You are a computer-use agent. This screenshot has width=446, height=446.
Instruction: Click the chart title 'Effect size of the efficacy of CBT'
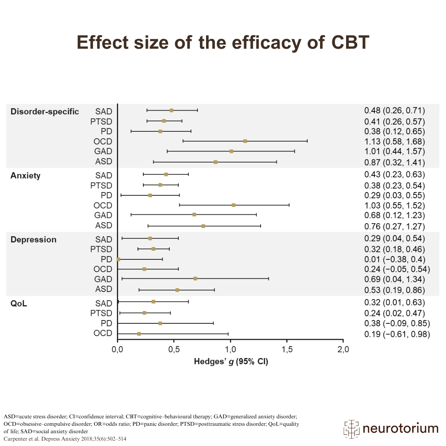(x=223, y=42)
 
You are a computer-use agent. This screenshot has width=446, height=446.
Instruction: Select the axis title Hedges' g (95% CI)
(x=231, y=362)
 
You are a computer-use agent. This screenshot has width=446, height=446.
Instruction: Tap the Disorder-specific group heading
(x=45, y=111)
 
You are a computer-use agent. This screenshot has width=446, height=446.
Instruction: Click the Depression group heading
(x=33, y=240)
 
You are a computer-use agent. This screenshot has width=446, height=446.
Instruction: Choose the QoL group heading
(x=19, y=303)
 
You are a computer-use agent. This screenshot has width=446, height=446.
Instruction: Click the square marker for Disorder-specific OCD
(x=245, y=141)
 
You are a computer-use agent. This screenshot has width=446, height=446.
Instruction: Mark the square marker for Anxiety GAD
(x=194, y=215)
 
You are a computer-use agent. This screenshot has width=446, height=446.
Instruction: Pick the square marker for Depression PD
(x=119, y=259)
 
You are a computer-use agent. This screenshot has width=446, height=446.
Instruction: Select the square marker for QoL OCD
(x=139, y=334)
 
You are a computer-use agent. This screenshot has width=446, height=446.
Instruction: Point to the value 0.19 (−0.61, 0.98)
(x=397, y=334)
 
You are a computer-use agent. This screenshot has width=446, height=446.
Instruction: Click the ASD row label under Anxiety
(x=104, y=225)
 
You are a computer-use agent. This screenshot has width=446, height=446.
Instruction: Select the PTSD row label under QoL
(x=101, y=313)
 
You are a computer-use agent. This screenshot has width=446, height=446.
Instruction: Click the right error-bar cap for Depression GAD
(x=268, y=279)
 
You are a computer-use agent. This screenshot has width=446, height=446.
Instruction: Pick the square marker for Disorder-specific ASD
(x=216, y=162)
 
